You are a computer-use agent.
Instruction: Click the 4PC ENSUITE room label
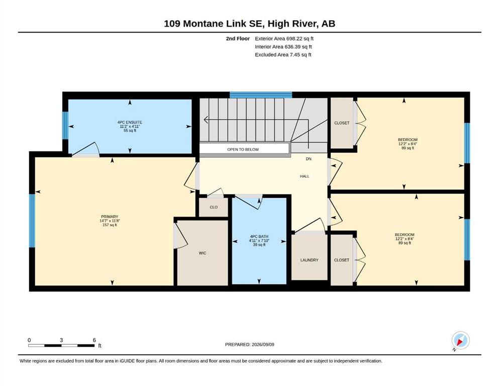[130, 122]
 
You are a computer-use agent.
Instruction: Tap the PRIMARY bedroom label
[110, 217]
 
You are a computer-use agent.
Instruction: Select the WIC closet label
[203, 253]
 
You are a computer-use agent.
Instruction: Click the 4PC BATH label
[259, 236]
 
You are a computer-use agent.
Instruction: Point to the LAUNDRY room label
[310, 260]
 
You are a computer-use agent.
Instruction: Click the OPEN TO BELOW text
[243, 149]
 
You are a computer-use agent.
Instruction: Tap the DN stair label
[309, 159]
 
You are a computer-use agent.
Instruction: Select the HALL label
[305, 176]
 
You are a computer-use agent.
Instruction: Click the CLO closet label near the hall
[214, 207]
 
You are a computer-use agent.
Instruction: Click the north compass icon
[460, 341]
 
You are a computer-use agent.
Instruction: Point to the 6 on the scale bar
[94, 340]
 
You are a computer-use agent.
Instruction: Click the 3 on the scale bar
[61, 340]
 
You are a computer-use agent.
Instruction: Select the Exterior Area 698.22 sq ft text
[284, 39]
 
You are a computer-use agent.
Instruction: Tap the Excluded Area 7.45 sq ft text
[283, 54]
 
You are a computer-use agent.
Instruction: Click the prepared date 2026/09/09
[263, 344]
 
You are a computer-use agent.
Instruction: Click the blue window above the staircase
[261, 95]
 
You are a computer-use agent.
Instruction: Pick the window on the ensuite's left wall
[65, 125]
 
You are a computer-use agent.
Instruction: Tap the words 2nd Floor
[238, 39]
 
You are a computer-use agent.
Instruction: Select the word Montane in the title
[202, 24]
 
